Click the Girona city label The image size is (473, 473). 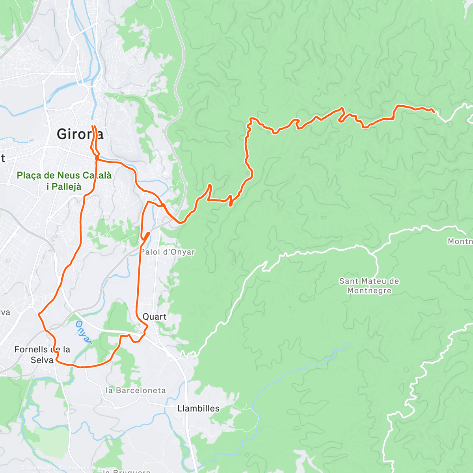[80, 134]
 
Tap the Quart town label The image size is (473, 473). [155, 317]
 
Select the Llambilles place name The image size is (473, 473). [198, 408]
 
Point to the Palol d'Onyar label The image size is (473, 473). [168, 252]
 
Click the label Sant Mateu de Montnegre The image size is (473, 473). [369, 286]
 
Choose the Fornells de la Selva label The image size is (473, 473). [42, 354]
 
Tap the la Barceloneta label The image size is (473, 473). [136, 390]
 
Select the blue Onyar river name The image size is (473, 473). [83, 332]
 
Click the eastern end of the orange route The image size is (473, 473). [434, 112]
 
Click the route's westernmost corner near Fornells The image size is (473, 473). [39, 314]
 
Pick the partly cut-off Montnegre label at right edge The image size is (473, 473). [460, 241]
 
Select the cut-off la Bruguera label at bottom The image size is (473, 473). [126, 471]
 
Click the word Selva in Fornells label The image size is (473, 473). [42, 360]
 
